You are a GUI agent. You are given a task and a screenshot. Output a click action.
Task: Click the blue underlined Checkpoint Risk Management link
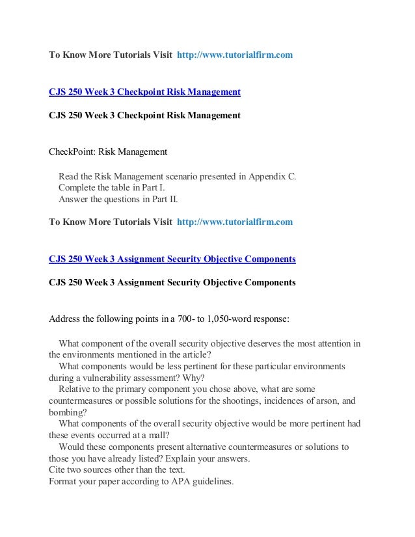144,92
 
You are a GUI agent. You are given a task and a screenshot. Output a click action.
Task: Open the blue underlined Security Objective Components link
172,259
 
